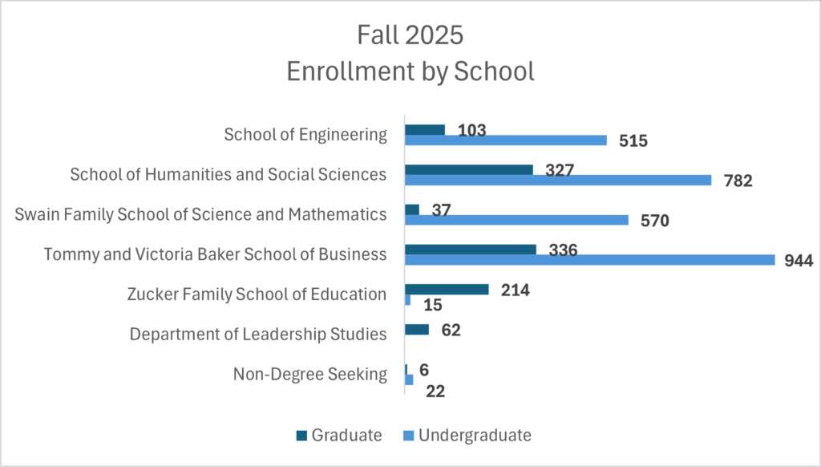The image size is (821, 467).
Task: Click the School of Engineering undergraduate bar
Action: pos(505,140)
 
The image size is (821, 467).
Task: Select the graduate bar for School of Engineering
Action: pos(424,130)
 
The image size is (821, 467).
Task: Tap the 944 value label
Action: pos(799,261)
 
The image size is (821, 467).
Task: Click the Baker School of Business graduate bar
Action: pos(470,250)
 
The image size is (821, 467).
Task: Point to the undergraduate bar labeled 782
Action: pos(557,180)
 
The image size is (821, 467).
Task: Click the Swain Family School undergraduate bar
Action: pos(516,220)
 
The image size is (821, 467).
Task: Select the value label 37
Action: pos(441,209)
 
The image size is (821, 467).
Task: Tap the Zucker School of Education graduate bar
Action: pos(447,290)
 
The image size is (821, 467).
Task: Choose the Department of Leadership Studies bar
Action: pos(417,329)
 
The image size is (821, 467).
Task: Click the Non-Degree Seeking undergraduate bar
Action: pos(409,380)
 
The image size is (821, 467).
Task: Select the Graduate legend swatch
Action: pos(301,436)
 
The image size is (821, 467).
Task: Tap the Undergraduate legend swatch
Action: pos(408,436)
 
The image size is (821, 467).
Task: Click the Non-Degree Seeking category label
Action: pos(310,374)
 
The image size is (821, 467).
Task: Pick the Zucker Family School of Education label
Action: pos(257,294)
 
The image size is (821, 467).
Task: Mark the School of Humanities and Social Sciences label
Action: pos(229,174)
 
